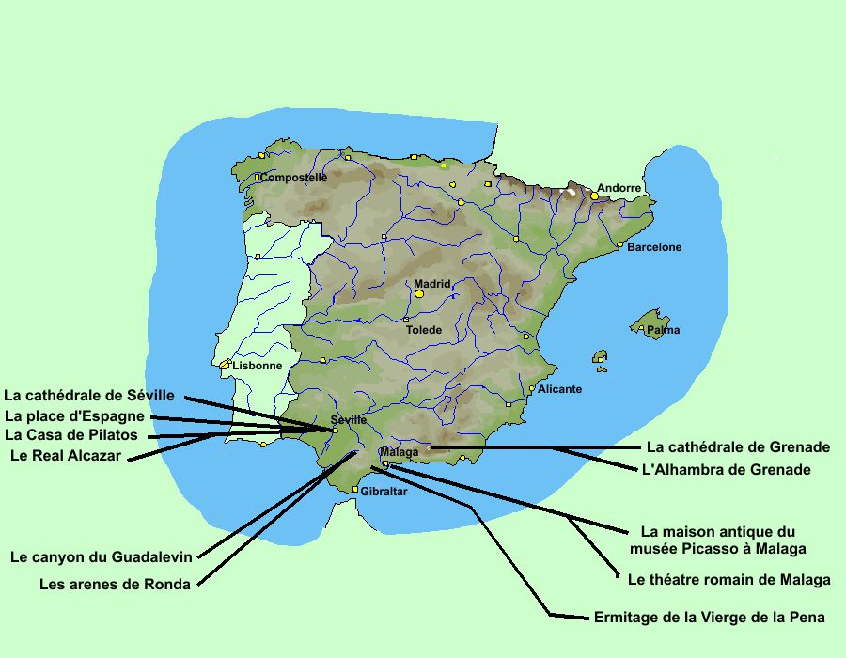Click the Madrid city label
tap(432, 284)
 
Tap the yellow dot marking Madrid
tap(419, 294)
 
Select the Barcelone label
tap(654, 248)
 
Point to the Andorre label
tap(619, 188)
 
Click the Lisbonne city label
tap(257, 366)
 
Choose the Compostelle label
tap(294, 177)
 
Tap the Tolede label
tap(423, 330)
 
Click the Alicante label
tap(559, 389)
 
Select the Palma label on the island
tap(663, 330)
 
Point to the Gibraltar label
tap(384, 492)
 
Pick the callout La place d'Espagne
tap(74, 416)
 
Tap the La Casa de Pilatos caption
tap(71, 435)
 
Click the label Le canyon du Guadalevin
tap(102, 556)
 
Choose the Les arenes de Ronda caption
tap(115, 584)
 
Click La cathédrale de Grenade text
tap(738, 446)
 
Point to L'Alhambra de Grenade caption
tap(726, 469)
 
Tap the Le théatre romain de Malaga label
tap(728, 580)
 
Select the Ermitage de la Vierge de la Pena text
tap(710, 618)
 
